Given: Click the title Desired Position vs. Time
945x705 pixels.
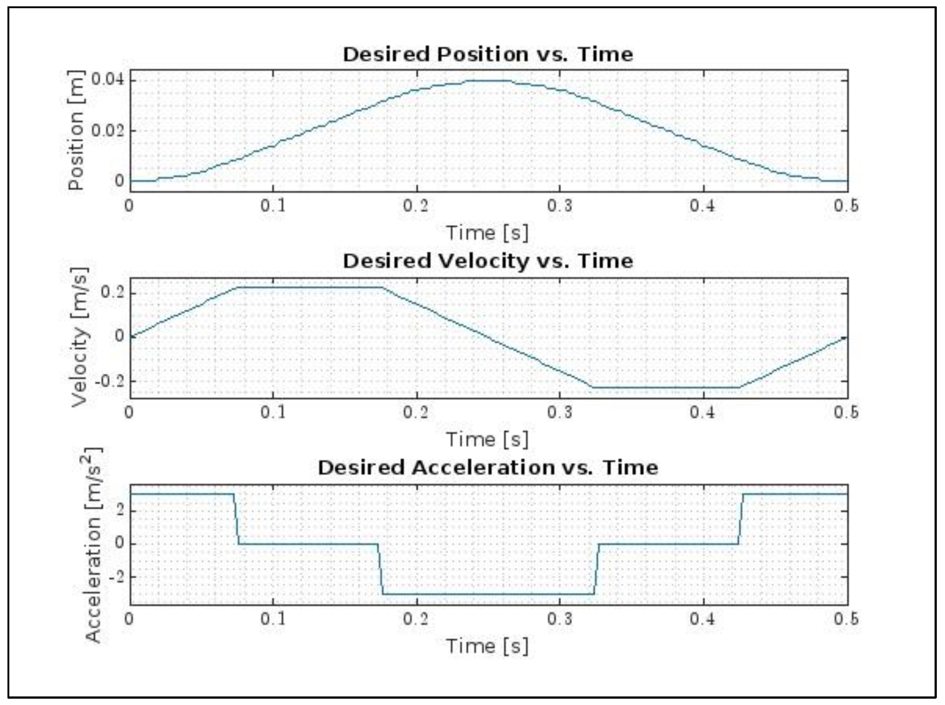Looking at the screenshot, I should click(x=487, y=54).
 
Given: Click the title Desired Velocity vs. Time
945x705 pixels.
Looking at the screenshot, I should click(x=487, y=261).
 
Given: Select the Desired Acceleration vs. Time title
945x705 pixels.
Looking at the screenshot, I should click(x=487, y=467).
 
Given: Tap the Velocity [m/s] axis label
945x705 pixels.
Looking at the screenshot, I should click(x=79, y=337).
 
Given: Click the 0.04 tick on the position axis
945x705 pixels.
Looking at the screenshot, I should click(x=108, y=80).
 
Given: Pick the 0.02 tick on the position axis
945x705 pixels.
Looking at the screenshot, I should click(x=108, y=130).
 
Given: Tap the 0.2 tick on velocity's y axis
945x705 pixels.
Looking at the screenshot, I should click(x=113, y=293).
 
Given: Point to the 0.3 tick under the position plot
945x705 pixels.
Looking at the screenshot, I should click(x=560, y=206).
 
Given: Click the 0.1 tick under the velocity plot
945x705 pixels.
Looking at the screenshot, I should click(x=273, y=412).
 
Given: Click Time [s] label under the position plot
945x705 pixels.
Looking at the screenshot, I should click(x=487, y=233).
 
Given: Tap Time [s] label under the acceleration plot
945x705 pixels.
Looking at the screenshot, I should click(x=487, y=646).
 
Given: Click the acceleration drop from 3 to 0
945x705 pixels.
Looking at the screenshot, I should click(x=236, y=519).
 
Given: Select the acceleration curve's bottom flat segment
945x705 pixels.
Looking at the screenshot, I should click(x=487, y=594).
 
